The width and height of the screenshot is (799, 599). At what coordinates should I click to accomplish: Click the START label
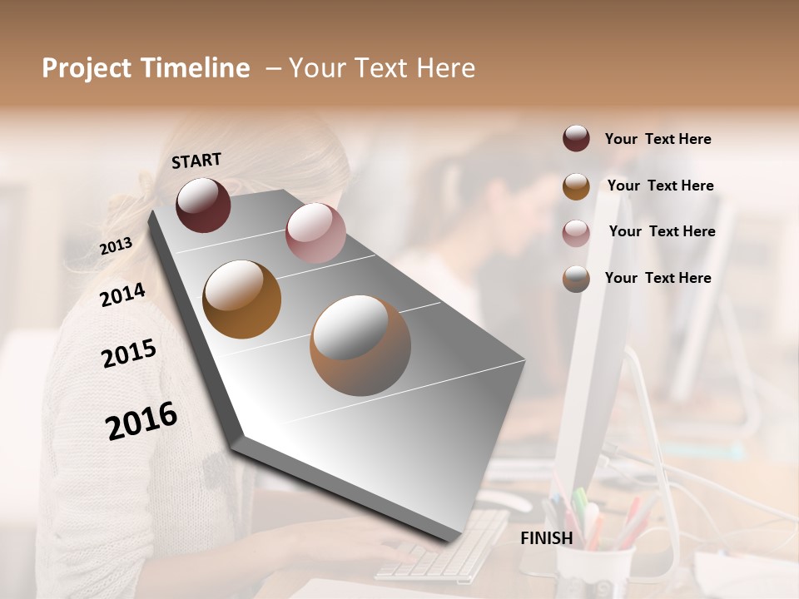[x=196, y=161]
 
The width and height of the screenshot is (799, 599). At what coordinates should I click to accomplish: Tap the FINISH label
[x=546, y=538]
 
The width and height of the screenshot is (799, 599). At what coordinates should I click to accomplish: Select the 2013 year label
[x=116, y=245]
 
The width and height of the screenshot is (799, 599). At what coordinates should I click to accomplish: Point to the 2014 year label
[x=122, y=295]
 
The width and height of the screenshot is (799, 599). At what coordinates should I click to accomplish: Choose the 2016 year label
[x=141, y=421]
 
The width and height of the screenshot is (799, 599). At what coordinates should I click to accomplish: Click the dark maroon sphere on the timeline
[x=203, y=205]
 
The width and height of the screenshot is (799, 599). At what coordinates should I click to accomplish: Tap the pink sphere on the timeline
[x=315, y=233]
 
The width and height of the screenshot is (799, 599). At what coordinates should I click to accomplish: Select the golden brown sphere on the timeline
[x=241, y=299]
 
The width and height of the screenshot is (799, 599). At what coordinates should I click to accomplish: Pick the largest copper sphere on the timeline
[x=360, y=344]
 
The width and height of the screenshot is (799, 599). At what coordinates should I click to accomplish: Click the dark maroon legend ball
[x=576, y=138]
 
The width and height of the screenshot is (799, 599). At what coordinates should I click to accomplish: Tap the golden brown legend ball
[x=576, y=186]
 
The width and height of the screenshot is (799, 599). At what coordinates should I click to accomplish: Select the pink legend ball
[x=576, y=233]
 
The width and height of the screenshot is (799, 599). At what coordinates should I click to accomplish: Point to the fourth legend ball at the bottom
[x=576, y=279]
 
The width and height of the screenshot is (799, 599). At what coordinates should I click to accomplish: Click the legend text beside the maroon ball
[x=658, y=139]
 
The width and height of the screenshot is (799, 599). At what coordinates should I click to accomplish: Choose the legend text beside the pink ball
[x=662, y=231]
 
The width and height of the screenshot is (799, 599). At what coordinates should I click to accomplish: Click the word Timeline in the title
[x=196, y=68]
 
